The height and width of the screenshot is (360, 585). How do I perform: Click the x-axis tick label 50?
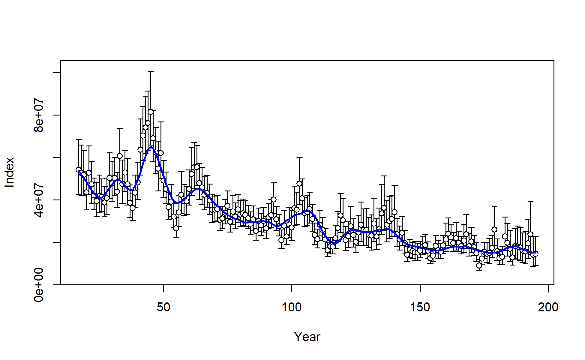click(x=163, y=307)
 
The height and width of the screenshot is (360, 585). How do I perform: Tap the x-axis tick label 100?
click(x=292, y=307)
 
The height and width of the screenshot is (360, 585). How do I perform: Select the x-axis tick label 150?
click(x=420, y=307)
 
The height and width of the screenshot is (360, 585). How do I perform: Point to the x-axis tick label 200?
click(x=548, y=307)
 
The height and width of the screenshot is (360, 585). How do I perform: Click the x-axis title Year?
click(x=307, y=337)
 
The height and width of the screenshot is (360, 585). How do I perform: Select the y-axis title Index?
click(x=10, y=172)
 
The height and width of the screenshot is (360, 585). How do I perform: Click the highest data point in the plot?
click(x=151, y=112)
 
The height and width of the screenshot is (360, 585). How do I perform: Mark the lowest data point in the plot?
click(x=479, y=265)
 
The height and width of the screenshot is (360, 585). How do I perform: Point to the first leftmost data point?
click(x=79, y=170)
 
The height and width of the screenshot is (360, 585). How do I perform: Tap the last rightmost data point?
click(x=535, y=254)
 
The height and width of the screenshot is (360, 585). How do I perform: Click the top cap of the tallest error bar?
click(x=151, y=71)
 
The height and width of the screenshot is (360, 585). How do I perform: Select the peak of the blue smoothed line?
click(x=151, y=147)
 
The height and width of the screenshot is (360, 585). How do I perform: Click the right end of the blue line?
click(x=535, y=253)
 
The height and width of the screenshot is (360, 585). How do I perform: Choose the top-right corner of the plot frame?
click(x=554, y=61)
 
